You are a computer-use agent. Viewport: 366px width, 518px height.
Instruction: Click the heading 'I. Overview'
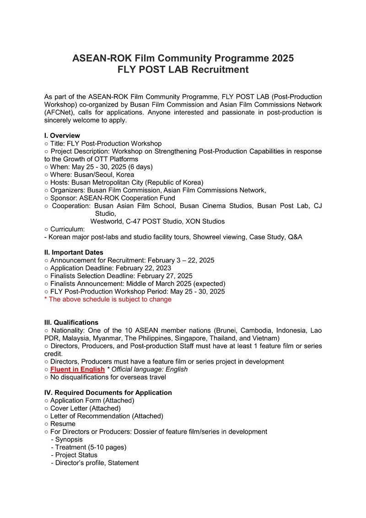(62, 136)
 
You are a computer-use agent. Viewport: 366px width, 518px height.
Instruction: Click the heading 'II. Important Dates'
(74, 252)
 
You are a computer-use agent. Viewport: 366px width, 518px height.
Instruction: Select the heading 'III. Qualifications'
(71, 322)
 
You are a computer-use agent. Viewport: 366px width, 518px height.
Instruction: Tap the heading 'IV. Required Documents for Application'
(108, 393)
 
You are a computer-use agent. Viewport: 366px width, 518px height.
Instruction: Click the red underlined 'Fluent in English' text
(77, 369)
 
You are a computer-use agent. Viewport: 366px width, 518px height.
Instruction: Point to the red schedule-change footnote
(108, 299)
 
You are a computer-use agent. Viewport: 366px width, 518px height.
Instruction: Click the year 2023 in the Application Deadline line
(163, 268)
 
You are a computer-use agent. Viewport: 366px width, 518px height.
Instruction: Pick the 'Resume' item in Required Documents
(63, 424)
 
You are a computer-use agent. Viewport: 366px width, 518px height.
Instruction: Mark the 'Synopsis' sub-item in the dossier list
(69, 439)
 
